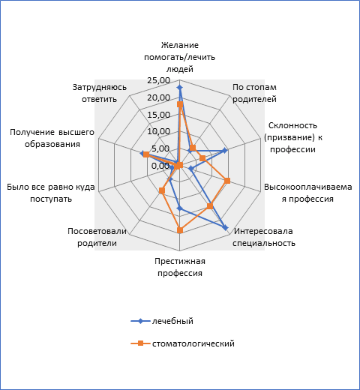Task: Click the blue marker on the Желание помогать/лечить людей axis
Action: pos(179,87)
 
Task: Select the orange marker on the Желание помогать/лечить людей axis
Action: pos(180,104)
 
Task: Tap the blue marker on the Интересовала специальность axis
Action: pos(225,228)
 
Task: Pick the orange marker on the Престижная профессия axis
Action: pos(180,230)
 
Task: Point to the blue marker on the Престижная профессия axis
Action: pos(179,208)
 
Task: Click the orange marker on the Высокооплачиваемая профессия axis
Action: pos(227,181)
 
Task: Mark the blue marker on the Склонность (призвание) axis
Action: pos(225,151)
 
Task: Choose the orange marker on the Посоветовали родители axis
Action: pos(162,190)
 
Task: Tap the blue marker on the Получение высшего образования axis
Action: pos(142,154)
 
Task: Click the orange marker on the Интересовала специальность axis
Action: pos(210,206)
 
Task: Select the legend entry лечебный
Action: pos(162,321)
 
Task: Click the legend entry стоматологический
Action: pos(183,343)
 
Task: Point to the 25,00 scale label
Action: pos(159,80)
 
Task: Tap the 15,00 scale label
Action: pos(159,115)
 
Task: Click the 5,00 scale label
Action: pos(160,148)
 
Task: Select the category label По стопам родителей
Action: pos(254,93)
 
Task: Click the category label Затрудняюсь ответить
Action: pos(100,93)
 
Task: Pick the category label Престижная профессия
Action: pos(180,267)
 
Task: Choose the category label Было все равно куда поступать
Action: pos(51,193)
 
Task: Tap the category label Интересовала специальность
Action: pos(264,237)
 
